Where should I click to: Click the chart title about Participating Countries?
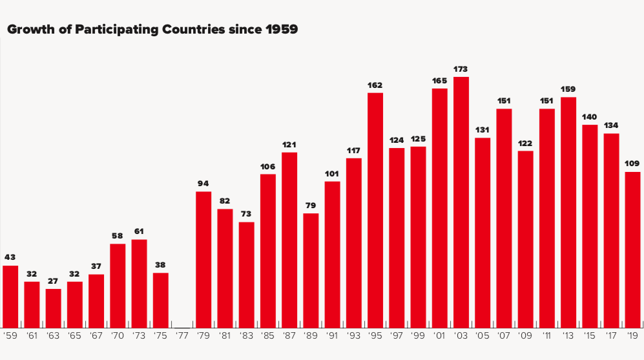coord(152,30)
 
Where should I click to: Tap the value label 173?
coord(461,69)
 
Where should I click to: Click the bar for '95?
coord(375,210)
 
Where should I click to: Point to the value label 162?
coord(375,85)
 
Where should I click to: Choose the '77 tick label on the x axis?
coord(182,336)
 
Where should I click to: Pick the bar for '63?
coord(54,308)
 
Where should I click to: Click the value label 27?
coord(54,281)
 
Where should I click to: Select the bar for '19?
coord(632,249)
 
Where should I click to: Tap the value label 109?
coord(632,164)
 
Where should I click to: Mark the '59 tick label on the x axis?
coord(10,336)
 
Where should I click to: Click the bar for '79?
coord(203,259)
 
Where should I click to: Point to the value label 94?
coord(203,184)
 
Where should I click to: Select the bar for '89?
coord(311,270)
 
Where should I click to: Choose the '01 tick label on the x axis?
coord(439,336)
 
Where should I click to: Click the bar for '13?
coord(568,212)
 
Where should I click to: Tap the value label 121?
coord(289,144)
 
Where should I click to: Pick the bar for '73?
coord(140,283)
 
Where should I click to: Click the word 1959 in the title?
coord(282,30)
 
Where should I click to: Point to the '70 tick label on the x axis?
coord(118,336)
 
